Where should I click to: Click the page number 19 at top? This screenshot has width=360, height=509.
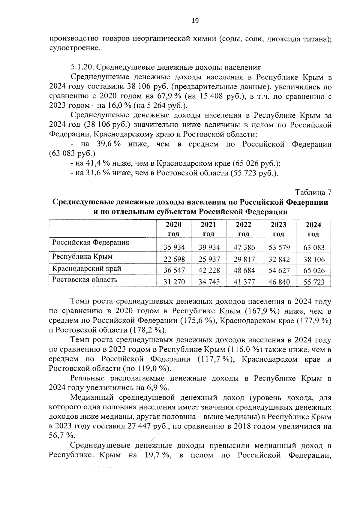[195, 21]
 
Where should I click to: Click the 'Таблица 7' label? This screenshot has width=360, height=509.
[313, 192]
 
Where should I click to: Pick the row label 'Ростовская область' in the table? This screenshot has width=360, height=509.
[85, 280]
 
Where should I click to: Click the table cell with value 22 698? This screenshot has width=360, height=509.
[174, 259]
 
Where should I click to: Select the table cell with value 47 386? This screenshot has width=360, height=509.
[244, 247]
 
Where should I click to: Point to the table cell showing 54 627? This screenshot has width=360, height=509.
[279, 270]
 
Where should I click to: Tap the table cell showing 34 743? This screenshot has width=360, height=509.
[209, 282]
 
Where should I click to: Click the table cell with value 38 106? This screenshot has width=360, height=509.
[314, 259]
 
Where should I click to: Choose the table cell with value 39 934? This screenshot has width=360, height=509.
[209, 247]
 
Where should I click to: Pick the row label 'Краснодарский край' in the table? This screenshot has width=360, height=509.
[87, 268]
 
